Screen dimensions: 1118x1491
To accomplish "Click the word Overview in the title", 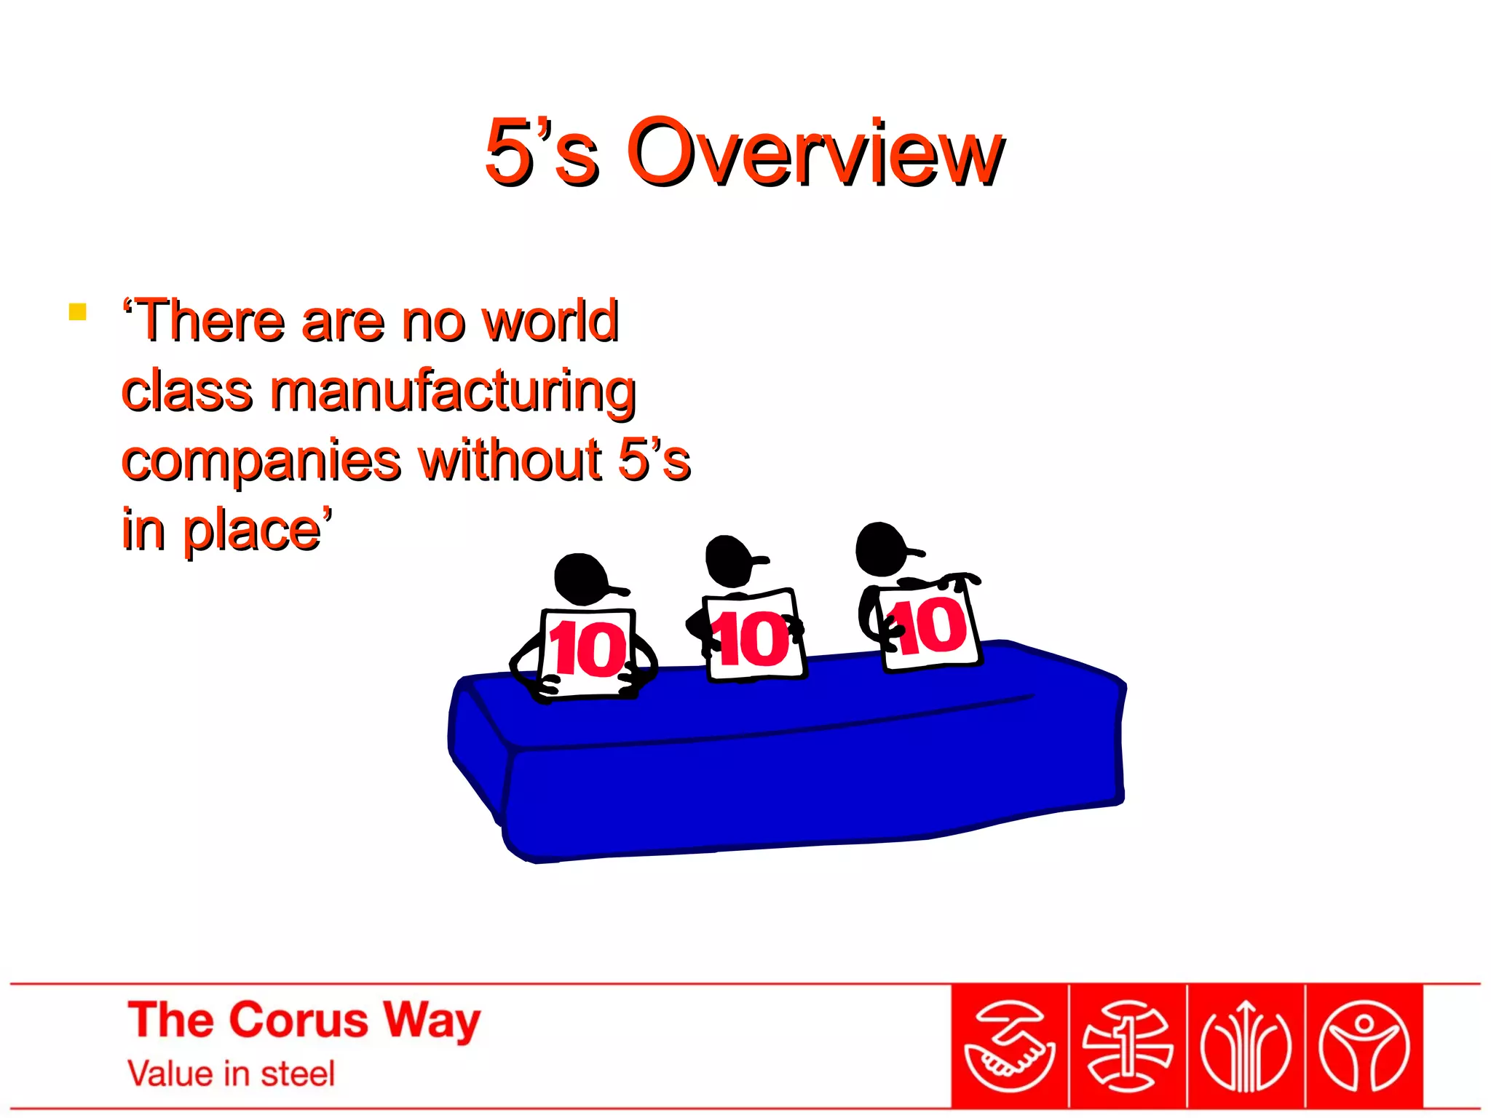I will click(815, 153).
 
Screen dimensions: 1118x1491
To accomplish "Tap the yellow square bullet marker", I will click(78, 312).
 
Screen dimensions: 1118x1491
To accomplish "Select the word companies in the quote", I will click(261, 461).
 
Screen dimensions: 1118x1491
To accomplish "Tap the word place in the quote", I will click(252, 531).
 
